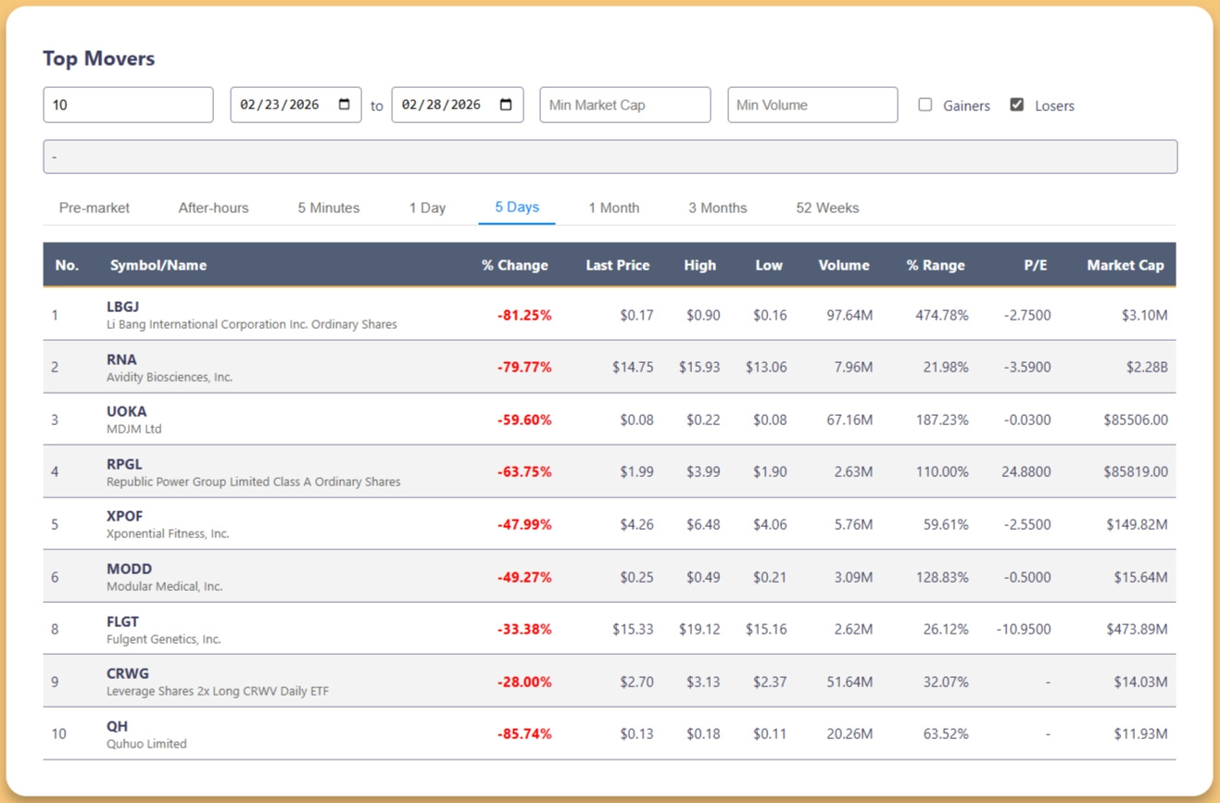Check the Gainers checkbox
pyautogui.click(x=924, y=105)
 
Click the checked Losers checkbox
pyautogui.click(x=1016, y=105)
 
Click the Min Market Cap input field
pyautogui.click(x=624, y=105)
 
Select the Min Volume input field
pyautogui.click(x=812, y=105)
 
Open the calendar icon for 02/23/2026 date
pyautogui.click(x=345, y=104)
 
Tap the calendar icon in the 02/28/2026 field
pyautogui.click(x=506, y=104)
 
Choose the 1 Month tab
pyautogui.click(x=614, y=207)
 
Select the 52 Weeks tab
pyautogui.click(x=827, y=207)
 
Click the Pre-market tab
pyautogui.click(x=94, y=207)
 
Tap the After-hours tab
pyautogui.click(x=213, y=207)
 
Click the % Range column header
pyautogui.click(x=936, y=265)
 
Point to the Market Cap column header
pyautogui.click(x=1126, y=265)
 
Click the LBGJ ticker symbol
pyautogui.click(x=122, y=307)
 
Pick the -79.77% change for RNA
pyautogui.click(x=524, y=367)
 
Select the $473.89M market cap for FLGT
pyautogui.click(x=1137, y=629)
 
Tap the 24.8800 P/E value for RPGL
pyautogui.click(x=1026, y=471)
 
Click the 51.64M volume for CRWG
pyautogui.click(x=849, y=682)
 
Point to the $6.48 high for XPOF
pyautogui.click(x=703, y=524)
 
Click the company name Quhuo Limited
pyautogui.click(x=146, y=744)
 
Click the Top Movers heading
pyautogui.click(x=98, y=58)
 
